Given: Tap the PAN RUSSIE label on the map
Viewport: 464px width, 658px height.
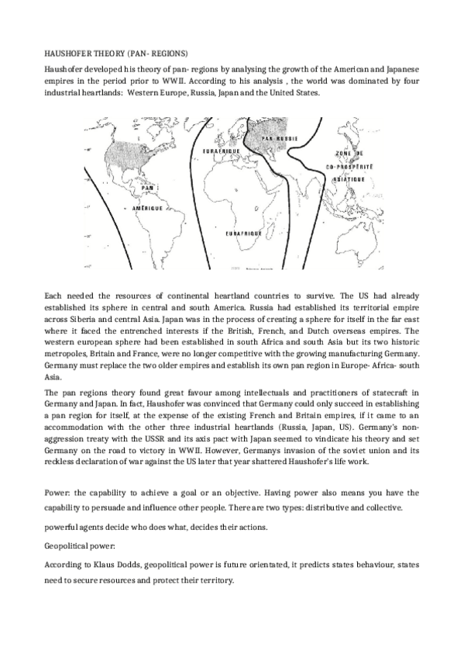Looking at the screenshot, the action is pos(280,139).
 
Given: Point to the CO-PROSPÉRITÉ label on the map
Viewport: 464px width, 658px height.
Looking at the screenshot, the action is pos(349,167).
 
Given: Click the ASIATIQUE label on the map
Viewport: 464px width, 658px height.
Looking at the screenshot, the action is pos(349,178).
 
